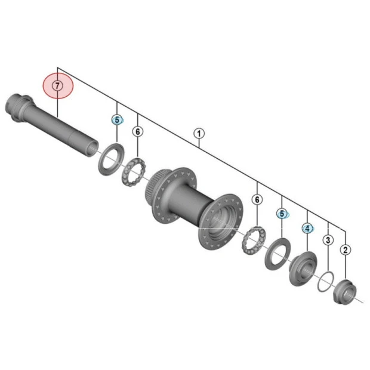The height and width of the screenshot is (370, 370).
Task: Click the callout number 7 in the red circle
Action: click(x=57, y=86)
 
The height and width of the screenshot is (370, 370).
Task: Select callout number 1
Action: click(x=199, y=134)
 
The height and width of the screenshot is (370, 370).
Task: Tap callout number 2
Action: click(x=346, y=250)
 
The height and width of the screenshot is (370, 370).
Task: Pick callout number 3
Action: click(x=328, y=240)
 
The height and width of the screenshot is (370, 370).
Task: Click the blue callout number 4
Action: click(x=307, y=229)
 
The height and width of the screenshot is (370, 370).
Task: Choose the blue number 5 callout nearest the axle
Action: click(x=118, y=120)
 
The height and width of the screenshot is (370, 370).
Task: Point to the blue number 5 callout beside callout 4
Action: click(x=282, y=214)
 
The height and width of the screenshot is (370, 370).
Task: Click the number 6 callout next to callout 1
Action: click(x=138, y=131)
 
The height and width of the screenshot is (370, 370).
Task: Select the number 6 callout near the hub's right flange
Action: click(x=257, y=200)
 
